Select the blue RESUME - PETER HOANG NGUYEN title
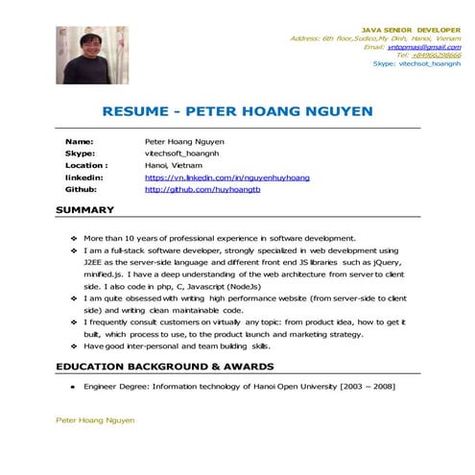(237, 111)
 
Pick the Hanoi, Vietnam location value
(174, 165)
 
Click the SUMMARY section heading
(84, 210)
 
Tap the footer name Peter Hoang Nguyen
(95, 420)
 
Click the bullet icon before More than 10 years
(74, 237)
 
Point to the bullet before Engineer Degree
(74, 386)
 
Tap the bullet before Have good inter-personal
(74, 345)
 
